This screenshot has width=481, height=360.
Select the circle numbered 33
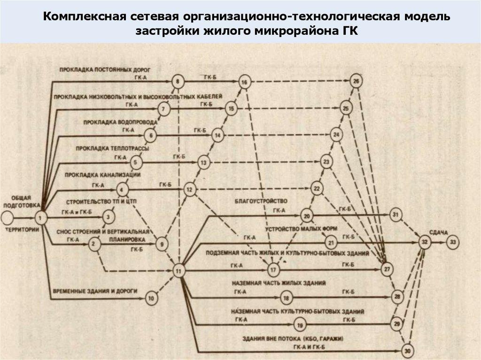[452, 242]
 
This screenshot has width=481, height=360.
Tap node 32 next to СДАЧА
[425, 242]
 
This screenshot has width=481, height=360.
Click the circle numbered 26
[356, 82]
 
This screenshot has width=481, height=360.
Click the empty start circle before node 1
[7, 217]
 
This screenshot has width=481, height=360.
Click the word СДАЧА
[439, 232]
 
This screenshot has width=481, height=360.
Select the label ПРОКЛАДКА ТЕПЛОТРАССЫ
[116, 148]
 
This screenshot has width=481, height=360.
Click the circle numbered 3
[109, 217]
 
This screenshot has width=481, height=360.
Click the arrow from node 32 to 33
[439, 242]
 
